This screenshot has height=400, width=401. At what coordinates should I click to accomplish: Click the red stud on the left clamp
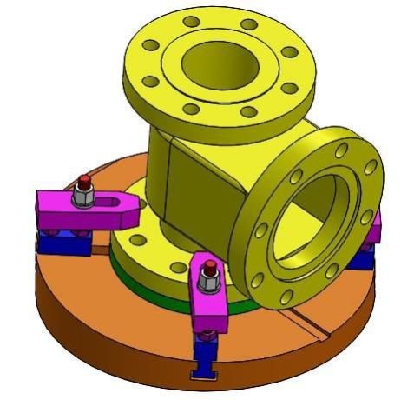click(84, 182)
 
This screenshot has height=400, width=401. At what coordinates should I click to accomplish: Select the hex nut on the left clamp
click(83, 198)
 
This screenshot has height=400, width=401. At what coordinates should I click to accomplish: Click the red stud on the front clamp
click(209, 263)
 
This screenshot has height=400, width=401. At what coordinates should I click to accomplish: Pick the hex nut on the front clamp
click(209, 280)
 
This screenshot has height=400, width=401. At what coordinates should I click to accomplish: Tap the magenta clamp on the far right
click(374, 228)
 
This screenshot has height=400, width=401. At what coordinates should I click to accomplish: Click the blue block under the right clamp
click(367, 255)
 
